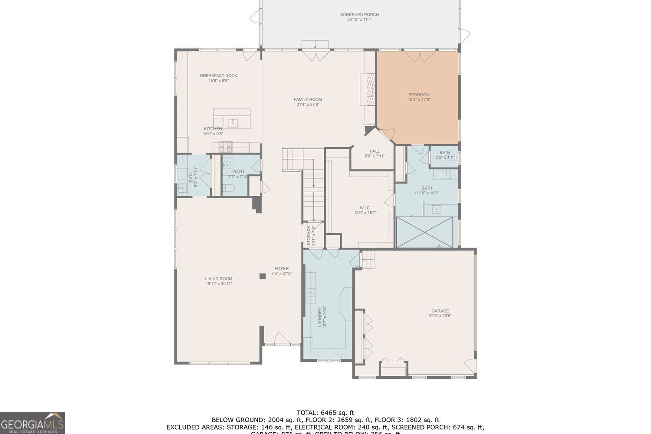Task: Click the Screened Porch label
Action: tap(359, 15)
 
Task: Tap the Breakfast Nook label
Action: tap(219, 76)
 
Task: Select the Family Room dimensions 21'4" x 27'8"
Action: tap(308, 105)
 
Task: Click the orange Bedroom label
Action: tap(419, 95)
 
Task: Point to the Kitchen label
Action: tap(213, 129)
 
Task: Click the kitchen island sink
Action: tap(233, 123)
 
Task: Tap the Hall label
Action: tap(375, 151)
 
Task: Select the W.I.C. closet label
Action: tap(365, 208)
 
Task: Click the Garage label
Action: tap(440, 311)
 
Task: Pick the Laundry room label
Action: tap(320, 317)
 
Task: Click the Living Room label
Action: tap(219, 279)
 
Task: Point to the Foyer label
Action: tap(281, 269)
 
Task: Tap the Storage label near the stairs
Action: tap(309, 236)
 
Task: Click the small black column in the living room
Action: tap(262, 276)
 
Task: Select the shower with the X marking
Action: tap(425, 232)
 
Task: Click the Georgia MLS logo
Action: tap(33, 423)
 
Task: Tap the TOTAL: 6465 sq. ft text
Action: tap(325, 413)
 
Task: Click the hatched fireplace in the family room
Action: tap(370, 89)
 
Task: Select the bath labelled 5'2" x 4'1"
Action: tap(444, 155)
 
